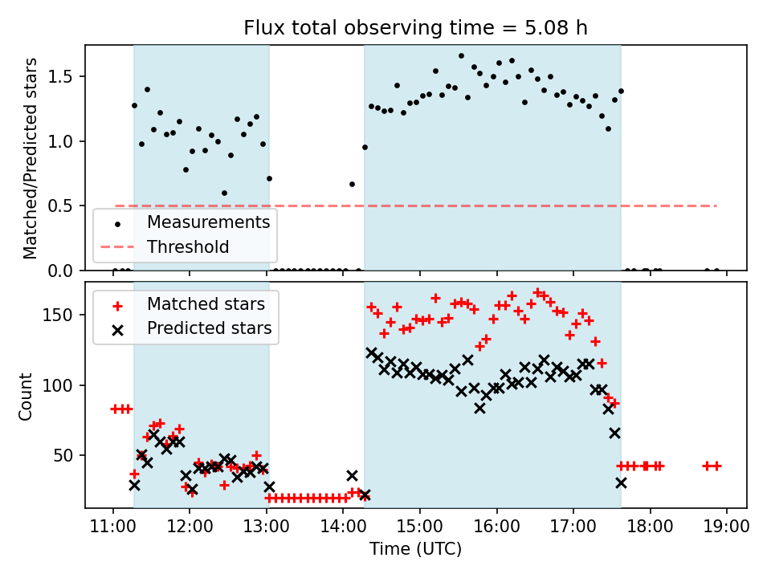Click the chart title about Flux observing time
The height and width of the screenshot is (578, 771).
pyautogui.click(x=416, y=28)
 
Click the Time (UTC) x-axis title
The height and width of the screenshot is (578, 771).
pyautogui.click(x=415, y=549)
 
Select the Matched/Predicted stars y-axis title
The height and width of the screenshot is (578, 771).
pyautogui.click(x=31, y=158)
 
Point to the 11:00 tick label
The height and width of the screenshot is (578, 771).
pyautogui.click(x=112, y=527)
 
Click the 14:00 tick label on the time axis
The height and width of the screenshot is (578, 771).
pyautogui.click(x=343, y=527)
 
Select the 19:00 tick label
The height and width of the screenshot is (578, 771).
pyautogui.click(x=726, y=527)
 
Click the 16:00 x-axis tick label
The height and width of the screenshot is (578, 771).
pyautogui.click(x=496, y=527)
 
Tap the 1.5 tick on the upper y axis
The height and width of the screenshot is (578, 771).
pyautogui.click(x=66, y=77)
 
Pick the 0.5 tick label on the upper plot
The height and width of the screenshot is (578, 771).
pyautogui.click(x=66, y=206)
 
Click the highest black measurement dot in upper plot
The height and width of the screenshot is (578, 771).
pyautogui.click(x=461, y=56)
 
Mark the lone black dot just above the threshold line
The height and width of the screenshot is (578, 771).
pyautogui.click(x=352, y=184)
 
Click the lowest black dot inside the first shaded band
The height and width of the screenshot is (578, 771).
pyautogui.click(x=224, y=193)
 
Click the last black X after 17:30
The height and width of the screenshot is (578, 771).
pyautogui.click(x=621, y=482)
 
